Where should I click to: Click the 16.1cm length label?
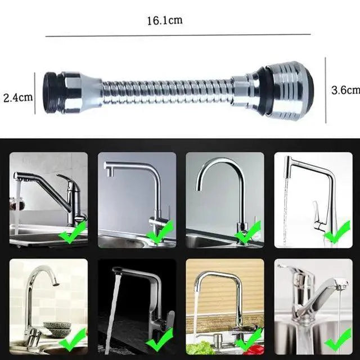165,20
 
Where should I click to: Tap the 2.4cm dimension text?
18,97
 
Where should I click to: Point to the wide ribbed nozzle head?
288,90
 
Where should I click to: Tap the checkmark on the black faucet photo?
160,339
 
